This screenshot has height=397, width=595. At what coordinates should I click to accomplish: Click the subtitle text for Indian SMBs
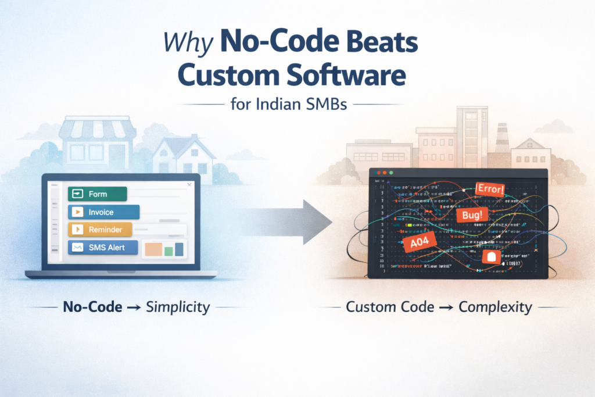[297, 105]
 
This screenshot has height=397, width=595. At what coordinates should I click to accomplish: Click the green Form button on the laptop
[97, 194]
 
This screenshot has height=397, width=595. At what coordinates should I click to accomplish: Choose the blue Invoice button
[103, 212]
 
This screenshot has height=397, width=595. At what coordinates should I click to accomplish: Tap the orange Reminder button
[100, 230]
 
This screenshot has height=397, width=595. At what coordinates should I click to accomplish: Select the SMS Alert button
[103, 248]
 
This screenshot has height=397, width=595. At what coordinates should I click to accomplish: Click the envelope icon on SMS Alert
[77, 248]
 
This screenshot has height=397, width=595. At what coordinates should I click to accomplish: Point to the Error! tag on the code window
[489, 189]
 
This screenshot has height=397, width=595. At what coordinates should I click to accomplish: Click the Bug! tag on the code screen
[472, 216]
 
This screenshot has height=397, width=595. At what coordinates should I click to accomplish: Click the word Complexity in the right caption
[494, 307]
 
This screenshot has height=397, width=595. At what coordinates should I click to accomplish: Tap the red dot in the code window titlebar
[378, 173]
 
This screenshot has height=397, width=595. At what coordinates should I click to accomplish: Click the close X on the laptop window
[189, 185]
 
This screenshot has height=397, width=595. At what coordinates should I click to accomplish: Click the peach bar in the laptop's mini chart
[153, 249]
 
